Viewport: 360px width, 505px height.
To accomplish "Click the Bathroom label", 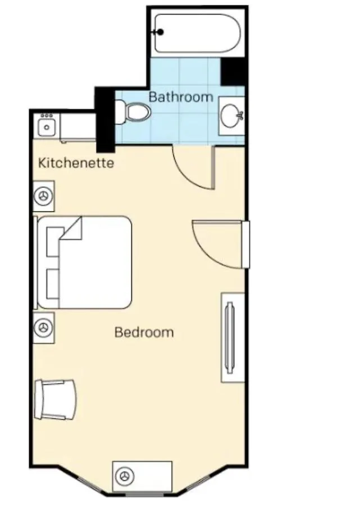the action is click(x=181, y=97).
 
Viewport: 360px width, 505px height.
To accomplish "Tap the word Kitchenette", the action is click(x=76, y=163).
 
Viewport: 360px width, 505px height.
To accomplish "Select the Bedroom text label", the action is click(x=144, y=332).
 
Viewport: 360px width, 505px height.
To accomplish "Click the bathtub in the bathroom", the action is click(x=198, y=33).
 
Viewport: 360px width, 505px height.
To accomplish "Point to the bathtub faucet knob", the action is click(x=160, y=32).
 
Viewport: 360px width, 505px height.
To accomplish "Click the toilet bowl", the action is click(x=139, y=112).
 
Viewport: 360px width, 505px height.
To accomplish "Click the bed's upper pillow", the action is click(x=53, y=241).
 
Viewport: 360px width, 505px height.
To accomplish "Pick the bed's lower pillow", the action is click(x=53, y=284).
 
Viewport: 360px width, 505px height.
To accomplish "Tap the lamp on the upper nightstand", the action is click(x=43, y=196).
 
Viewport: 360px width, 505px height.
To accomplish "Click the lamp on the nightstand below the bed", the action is click(x=43, y=328).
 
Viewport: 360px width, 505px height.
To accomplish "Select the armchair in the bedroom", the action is click(x=56, y=400).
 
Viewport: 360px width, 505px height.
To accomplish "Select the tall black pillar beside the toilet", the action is click(x=106, y=120).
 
